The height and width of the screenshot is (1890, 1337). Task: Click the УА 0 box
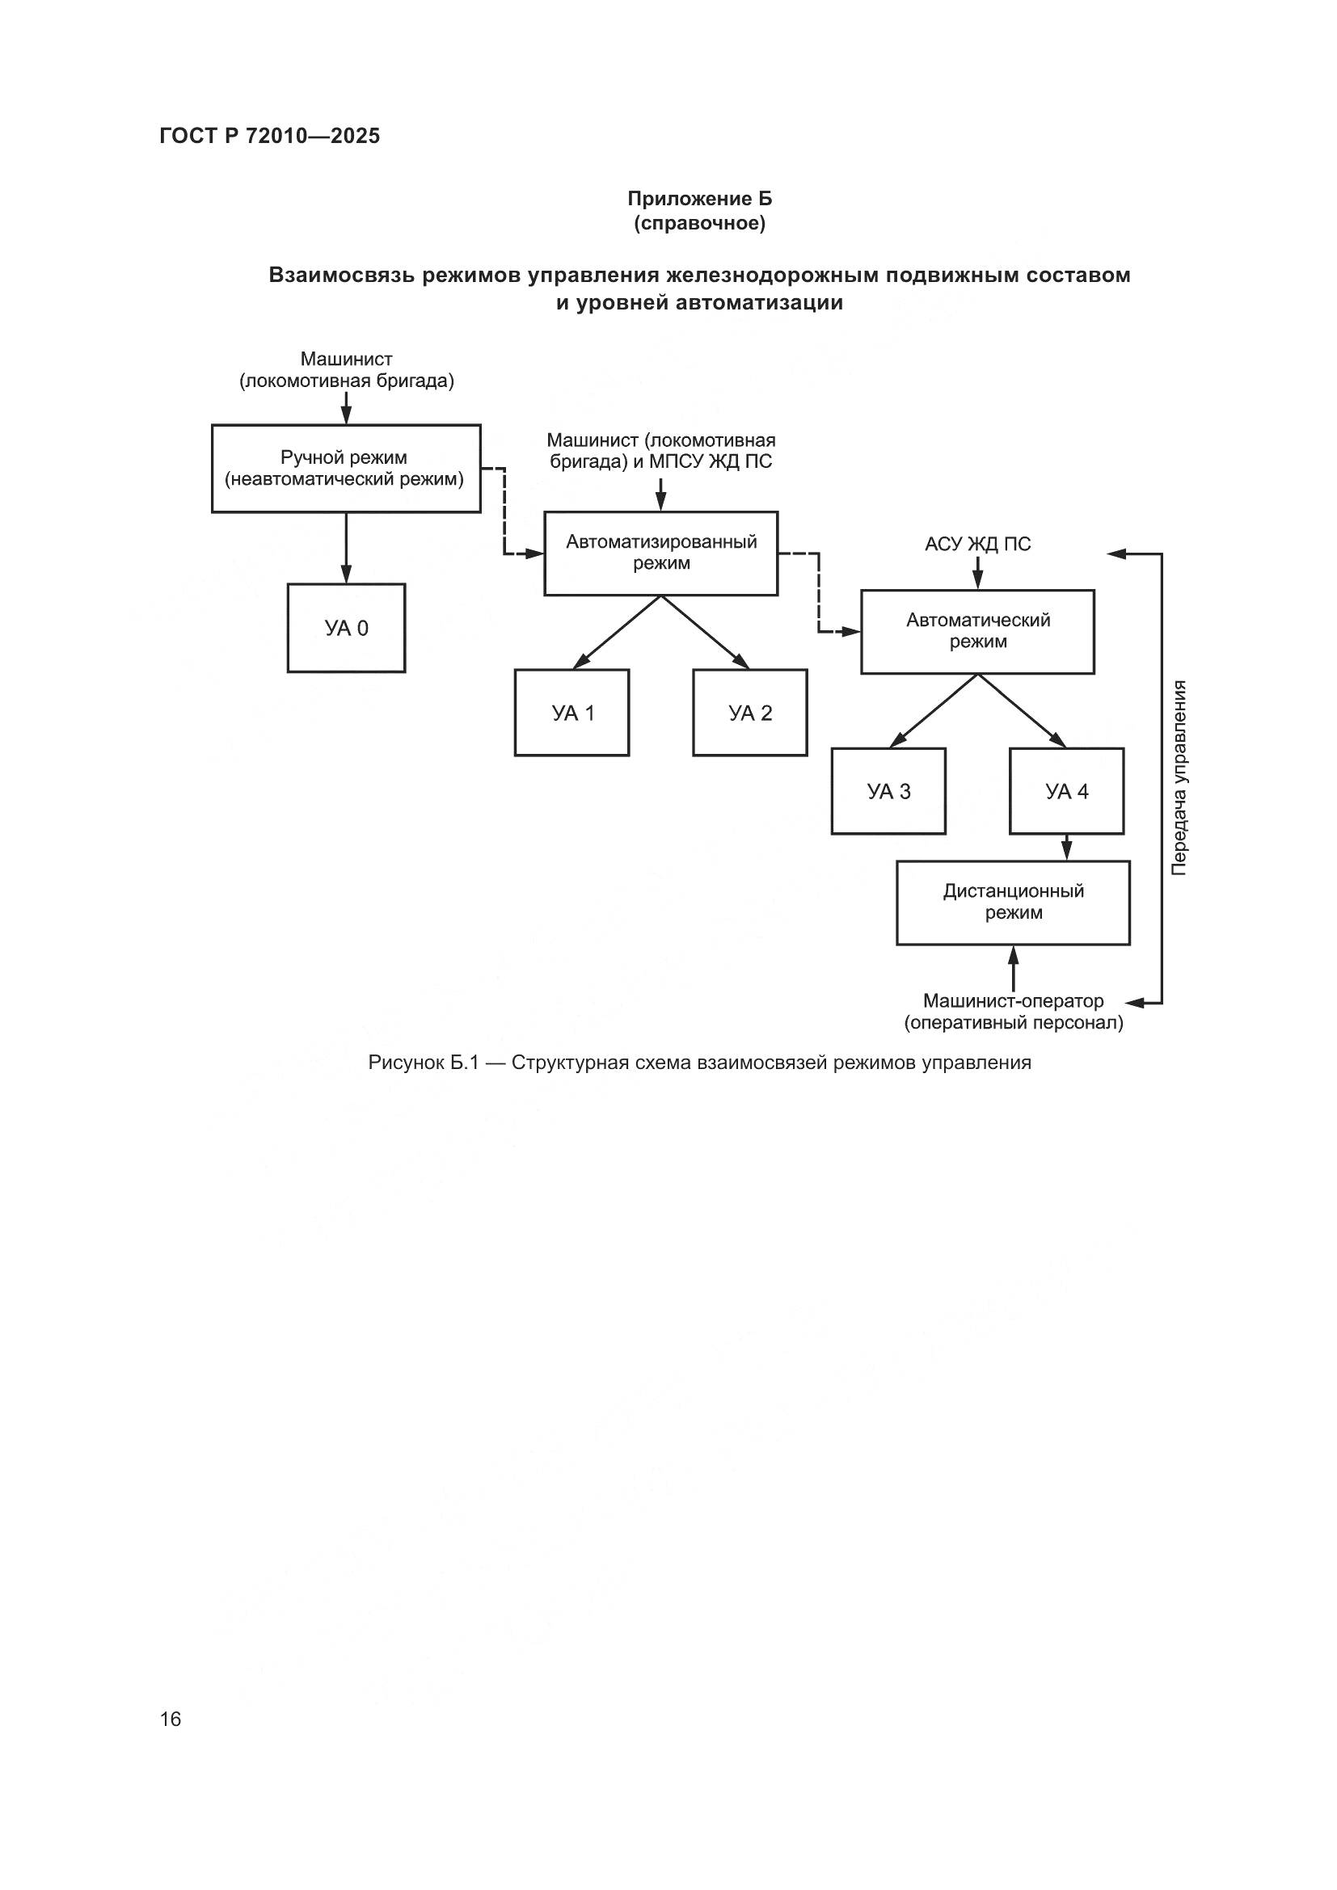pyautogui.click(x=346, y=628)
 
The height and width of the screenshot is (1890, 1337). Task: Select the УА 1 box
pyautogui.click(x=572, y=713)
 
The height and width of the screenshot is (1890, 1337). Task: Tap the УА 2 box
pyautogui.click(x=750, y=713)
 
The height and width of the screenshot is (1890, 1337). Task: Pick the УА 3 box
pyautogui.click(x=888, y=791)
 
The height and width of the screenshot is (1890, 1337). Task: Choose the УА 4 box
pyautogui.click(x=1066, y=791)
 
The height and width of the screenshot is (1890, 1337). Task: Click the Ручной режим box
pyautogui.click(x=346, y=469)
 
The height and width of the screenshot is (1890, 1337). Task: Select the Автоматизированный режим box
pyautogui.click(x=661, y=554)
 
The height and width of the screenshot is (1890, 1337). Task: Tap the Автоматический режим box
pyautogui.click(x=977, y=631)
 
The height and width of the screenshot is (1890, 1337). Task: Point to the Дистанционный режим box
pyautogui.click(x=1013, y=903)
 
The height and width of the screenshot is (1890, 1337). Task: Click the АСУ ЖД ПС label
pyautogui.click(x=977, y=544)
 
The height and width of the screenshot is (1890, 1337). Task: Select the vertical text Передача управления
pyautogui.click(x=1179, y=778)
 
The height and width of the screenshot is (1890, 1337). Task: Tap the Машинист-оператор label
pyautogui.click(x=1013, y=1002)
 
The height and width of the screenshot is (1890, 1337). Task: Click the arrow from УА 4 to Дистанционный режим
pyautogui.click(x=1066, y=848)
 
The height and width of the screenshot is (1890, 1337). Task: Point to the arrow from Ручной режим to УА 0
pyautogui.click(x=346, y=548)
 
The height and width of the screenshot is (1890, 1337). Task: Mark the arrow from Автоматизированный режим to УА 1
pyautogui.click(x=618, y=631)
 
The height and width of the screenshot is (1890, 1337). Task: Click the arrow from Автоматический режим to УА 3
pyautogui.click(x=934, y=710)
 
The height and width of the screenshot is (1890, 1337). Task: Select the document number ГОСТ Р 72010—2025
pyautogui.click(x=270, y=136)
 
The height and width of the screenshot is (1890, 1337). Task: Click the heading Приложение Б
pyautogui.click(x=700, y=199)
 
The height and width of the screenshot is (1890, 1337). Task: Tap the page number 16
pyautogui.click(x=171, y=1719)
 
